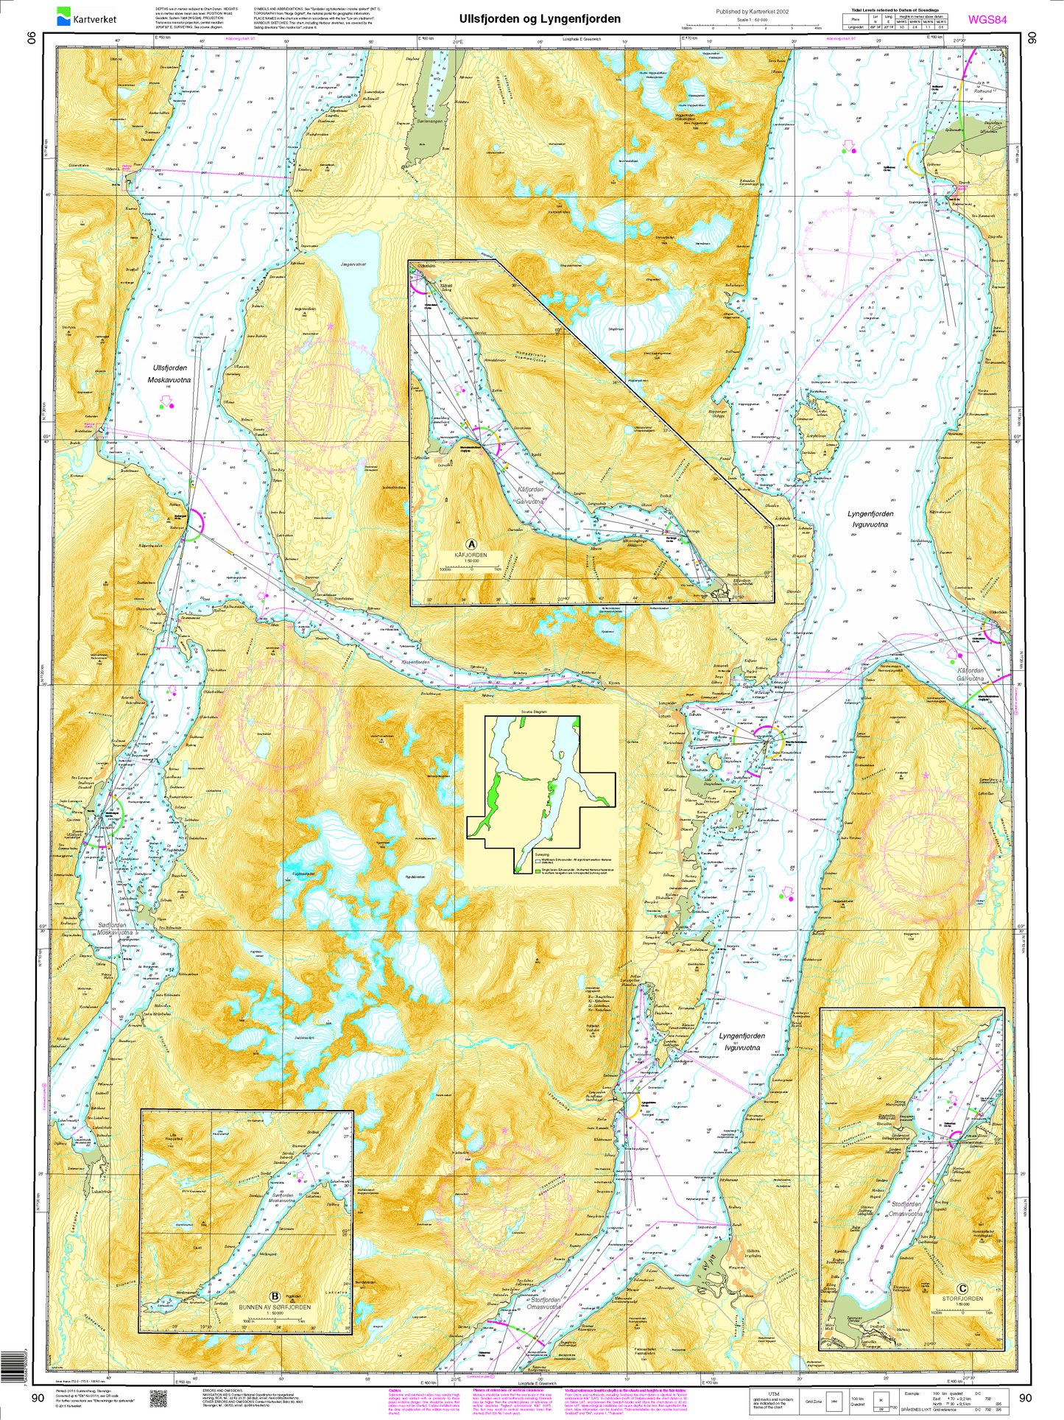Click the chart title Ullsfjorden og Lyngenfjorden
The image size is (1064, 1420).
pyautogui.click(x=540, y=19)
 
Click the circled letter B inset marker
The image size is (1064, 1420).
pyautogui.click(x=275, y=1297)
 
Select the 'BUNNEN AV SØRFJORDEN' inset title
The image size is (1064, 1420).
pyautogui.click(x=275, y=1307)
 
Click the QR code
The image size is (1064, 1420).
pyautogui.click(x=160, y=1396)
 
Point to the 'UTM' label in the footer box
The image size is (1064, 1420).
pyautogui.click(x=773, y=1394)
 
